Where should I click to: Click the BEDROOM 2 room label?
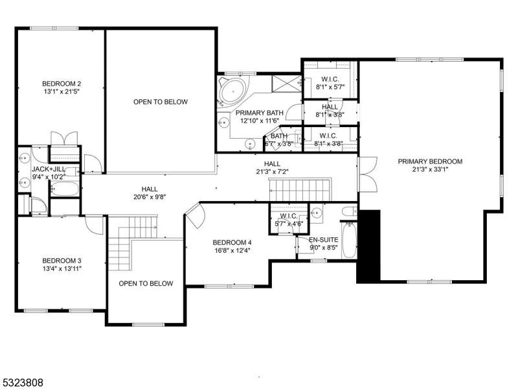tap(62, 84)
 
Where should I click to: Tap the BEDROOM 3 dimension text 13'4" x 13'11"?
tap(62, 269)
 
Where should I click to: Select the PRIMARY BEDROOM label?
tap(430, 161)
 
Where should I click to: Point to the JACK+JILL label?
tap(47, 169)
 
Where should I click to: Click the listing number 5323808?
tap(23, 383)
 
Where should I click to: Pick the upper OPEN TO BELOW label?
tap(160, 102)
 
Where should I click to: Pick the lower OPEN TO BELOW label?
tap(146, 283)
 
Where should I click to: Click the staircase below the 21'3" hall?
tap(300, 191)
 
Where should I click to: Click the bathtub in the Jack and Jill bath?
tap(63, 189)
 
